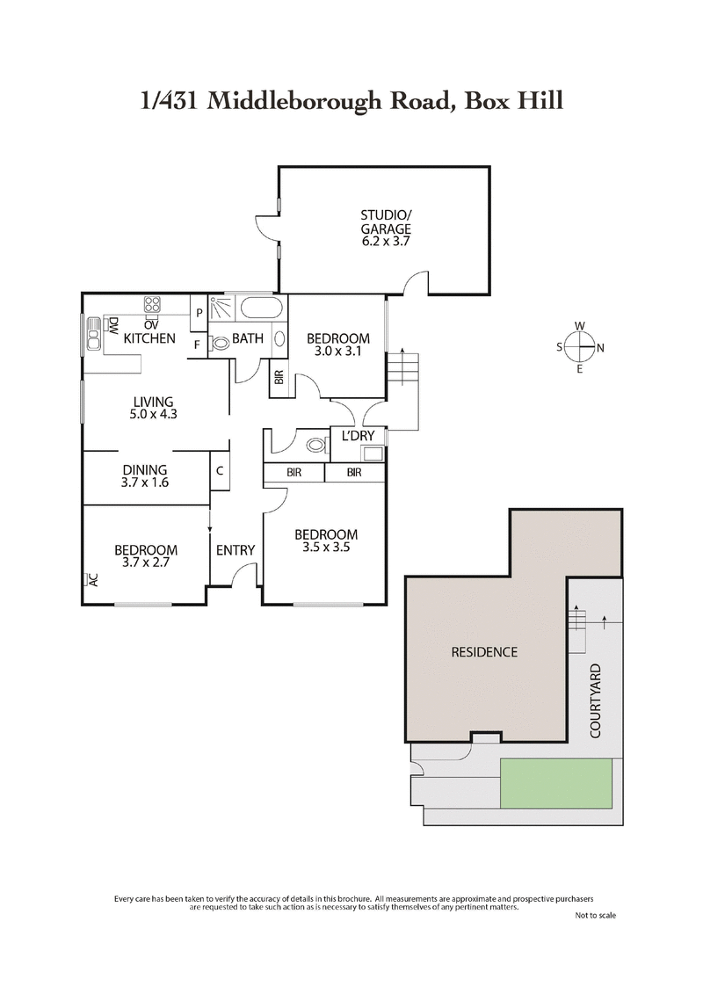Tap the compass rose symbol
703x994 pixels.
[x=580, y=347]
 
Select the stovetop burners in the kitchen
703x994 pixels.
[x=152, y=305]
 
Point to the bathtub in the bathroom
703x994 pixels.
[x=262, y=308]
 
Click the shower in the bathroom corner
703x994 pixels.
[x=224, y=308]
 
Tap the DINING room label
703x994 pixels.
[x=144, y=470]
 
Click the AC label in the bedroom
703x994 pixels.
[x=91, y=579]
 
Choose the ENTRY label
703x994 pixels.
[x=236, y=550]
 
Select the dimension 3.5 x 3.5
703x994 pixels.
[x=325, y=548]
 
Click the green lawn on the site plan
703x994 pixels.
[x=556, y=784]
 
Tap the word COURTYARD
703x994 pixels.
[x=595, y=700]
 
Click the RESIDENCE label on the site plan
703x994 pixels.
[x=484, y=652]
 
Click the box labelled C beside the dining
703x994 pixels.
[x=220, y=470]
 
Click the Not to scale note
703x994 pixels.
[x=595, y=915]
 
